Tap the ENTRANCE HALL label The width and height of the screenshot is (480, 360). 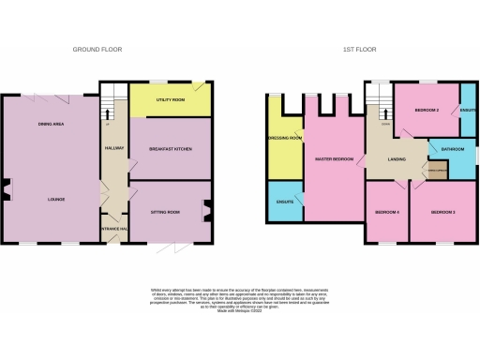(113, 229)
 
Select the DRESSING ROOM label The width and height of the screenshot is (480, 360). (284, 139)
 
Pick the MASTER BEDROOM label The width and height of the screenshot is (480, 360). (334, 159)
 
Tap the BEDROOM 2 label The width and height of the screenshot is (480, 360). (427, 111)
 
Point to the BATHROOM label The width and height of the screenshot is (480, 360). (453, 148)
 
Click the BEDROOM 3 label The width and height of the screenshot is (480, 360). (442, 213)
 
